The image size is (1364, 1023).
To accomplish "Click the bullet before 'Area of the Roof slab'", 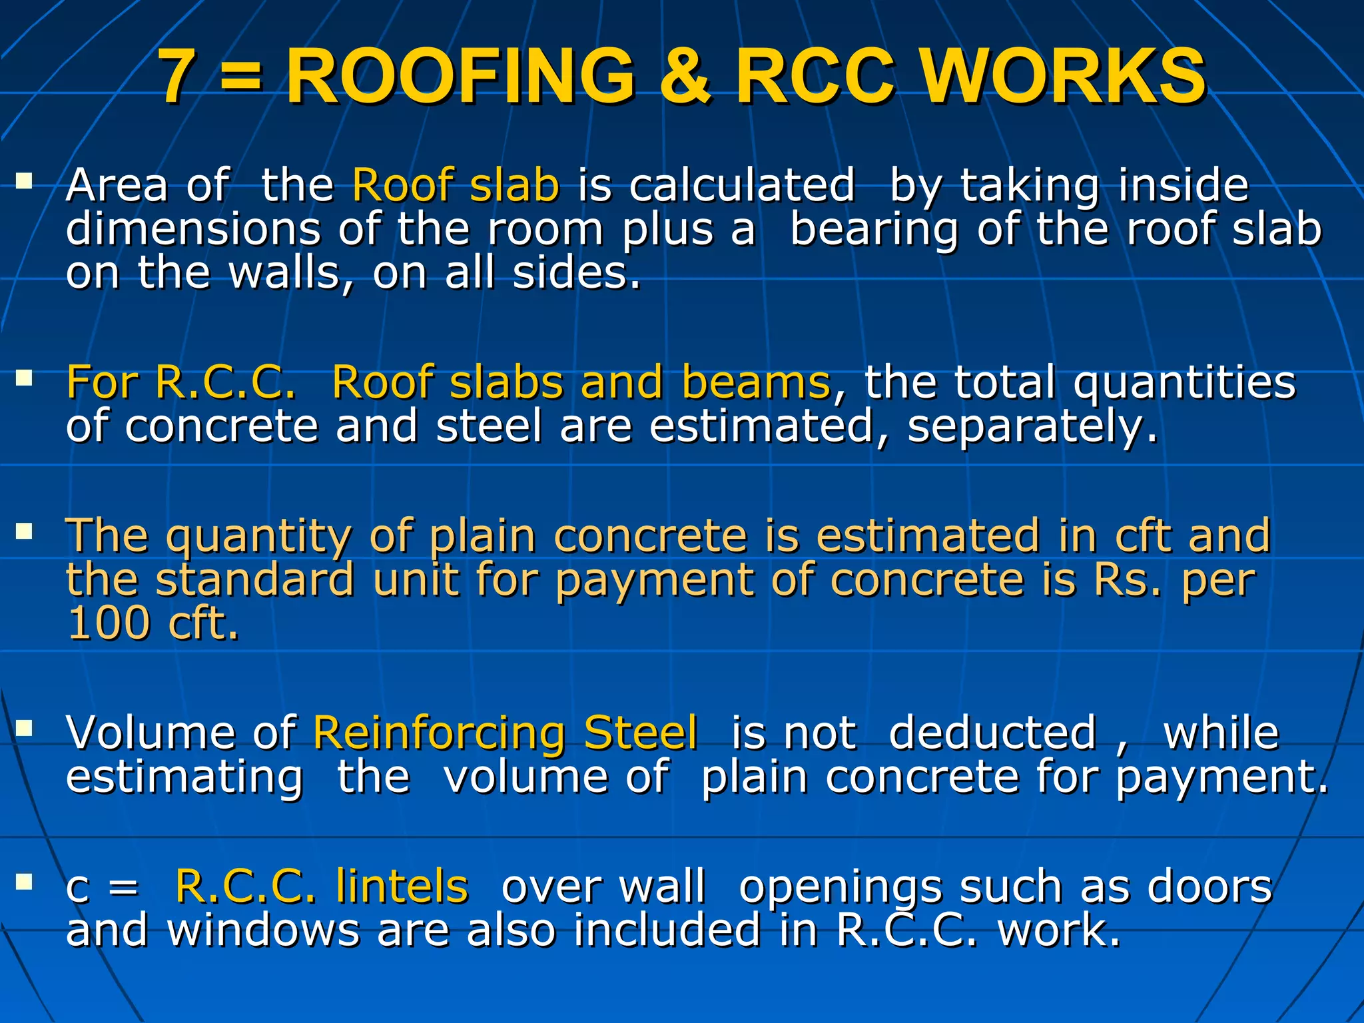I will point(25,181).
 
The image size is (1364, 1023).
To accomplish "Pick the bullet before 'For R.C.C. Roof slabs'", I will point(25,379).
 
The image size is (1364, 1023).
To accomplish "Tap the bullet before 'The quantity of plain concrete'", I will point(25,531).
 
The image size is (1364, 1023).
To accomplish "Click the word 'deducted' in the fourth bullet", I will point(992,733).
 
